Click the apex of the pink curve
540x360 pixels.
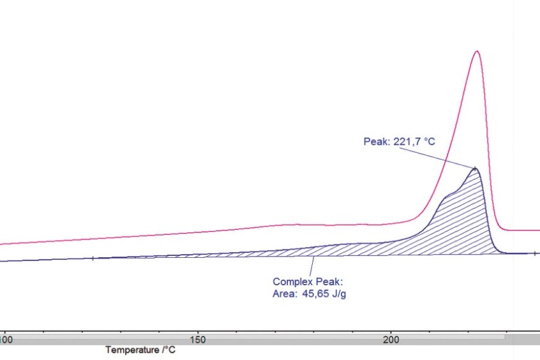pos(476,52)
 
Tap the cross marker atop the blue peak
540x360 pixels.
pos(475,168)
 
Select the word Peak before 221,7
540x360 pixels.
pos(375,141)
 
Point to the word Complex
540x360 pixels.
pos(292,281)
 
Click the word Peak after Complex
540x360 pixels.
pos(331,281)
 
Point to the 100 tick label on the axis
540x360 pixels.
pos(6,340)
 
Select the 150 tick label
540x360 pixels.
pos(197,340)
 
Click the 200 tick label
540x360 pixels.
pos(391,340)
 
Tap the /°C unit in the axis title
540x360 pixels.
pos(169,350)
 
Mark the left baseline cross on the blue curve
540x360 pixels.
pos(93,259)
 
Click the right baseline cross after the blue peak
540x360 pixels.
pos(534,253)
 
